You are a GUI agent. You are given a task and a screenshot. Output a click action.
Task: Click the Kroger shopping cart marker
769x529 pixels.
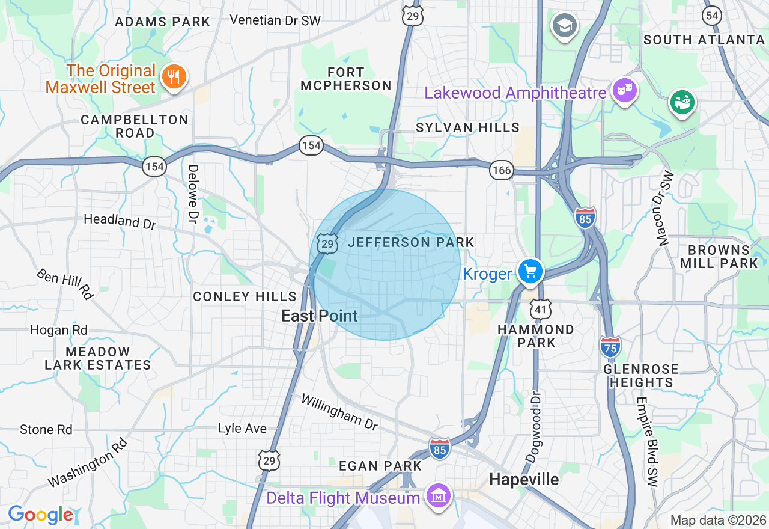pos(530,271)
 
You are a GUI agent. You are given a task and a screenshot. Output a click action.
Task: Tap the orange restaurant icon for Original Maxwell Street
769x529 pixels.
pos(174,77)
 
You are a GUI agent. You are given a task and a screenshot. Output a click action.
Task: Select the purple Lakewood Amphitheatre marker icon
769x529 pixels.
pos(624,91)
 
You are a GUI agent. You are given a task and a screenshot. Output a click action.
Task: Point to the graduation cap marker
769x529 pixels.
pos(564,26)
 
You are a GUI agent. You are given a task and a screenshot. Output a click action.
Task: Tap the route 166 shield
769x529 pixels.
pos(501,170)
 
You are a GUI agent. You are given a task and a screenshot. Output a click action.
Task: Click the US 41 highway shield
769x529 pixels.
pos(541,309)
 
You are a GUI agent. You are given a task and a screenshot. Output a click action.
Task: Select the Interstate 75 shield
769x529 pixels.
pos(610,347)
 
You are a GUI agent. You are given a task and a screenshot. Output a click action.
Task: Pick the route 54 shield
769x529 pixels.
pos(712,16)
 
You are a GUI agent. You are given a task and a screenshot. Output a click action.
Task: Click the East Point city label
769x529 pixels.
pos(320,316)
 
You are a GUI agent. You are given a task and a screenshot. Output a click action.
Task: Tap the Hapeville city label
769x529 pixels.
pos(524,479)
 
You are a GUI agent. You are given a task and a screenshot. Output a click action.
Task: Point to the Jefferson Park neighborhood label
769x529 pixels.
pos(411,242)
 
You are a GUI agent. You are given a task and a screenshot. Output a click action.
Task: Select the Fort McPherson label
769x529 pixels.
pos(346,79)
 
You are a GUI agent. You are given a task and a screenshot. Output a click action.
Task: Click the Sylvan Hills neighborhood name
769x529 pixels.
pos(468,127)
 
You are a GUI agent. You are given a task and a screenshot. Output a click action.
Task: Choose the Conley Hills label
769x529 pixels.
pos(245,296)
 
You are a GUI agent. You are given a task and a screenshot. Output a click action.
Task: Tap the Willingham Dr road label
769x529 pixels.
pos(339,412)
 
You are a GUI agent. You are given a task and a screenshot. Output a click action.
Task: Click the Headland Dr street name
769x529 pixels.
pos(120,221)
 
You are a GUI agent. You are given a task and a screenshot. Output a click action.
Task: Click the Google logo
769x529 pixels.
pos(40,515)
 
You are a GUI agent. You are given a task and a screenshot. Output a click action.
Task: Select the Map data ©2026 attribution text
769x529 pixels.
pos(718,520)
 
